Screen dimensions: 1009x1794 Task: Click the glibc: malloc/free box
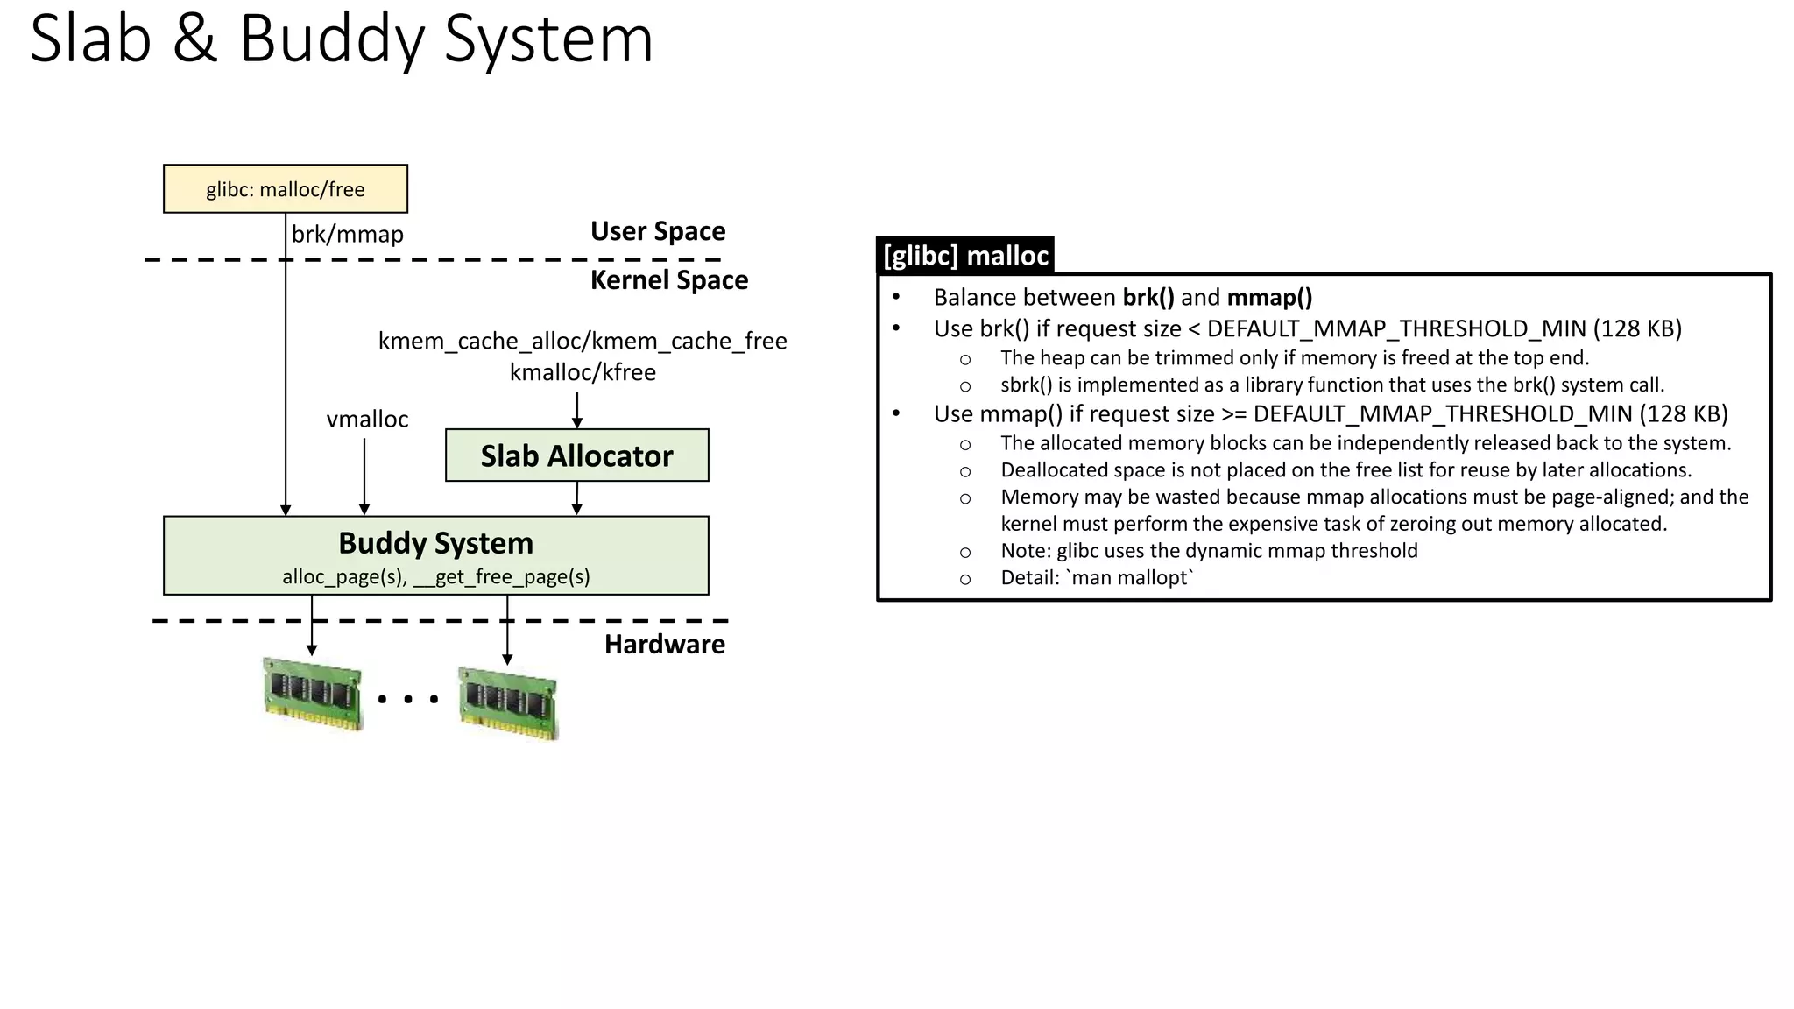point(285,189)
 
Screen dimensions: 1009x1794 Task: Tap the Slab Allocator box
point(576,455)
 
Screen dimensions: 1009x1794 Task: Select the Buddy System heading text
point(435,543)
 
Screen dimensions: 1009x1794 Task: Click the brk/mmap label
point(348,235)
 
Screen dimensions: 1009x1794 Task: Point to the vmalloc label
point(367,420)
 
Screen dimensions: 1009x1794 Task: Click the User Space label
point(658,231)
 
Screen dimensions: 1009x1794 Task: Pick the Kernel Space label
point(669,280)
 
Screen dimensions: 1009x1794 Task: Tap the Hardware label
point(664,645)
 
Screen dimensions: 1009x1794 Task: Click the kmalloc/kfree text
point(583,372)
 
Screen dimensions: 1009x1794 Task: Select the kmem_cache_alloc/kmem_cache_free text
point(583,341)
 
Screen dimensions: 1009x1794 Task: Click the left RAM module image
point(313,695)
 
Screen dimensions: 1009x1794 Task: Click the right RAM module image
point(508,702)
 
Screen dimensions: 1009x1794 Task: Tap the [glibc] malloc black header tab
point(965,256)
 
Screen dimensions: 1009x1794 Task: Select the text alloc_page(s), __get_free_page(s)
point(435,577)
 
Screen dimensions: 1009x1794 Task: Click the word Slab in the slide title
point(90,39)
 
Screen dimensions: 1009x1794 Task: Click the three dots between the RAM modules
point(408,699)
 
